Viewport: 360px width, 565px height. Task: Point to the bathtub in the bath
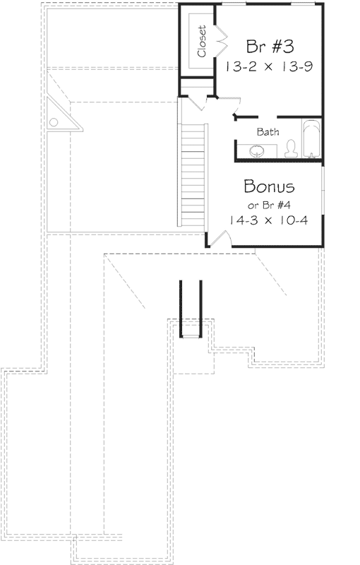tap(311, 140)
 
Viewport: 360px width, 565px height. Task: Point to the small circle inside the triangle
tap(53, 122)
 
